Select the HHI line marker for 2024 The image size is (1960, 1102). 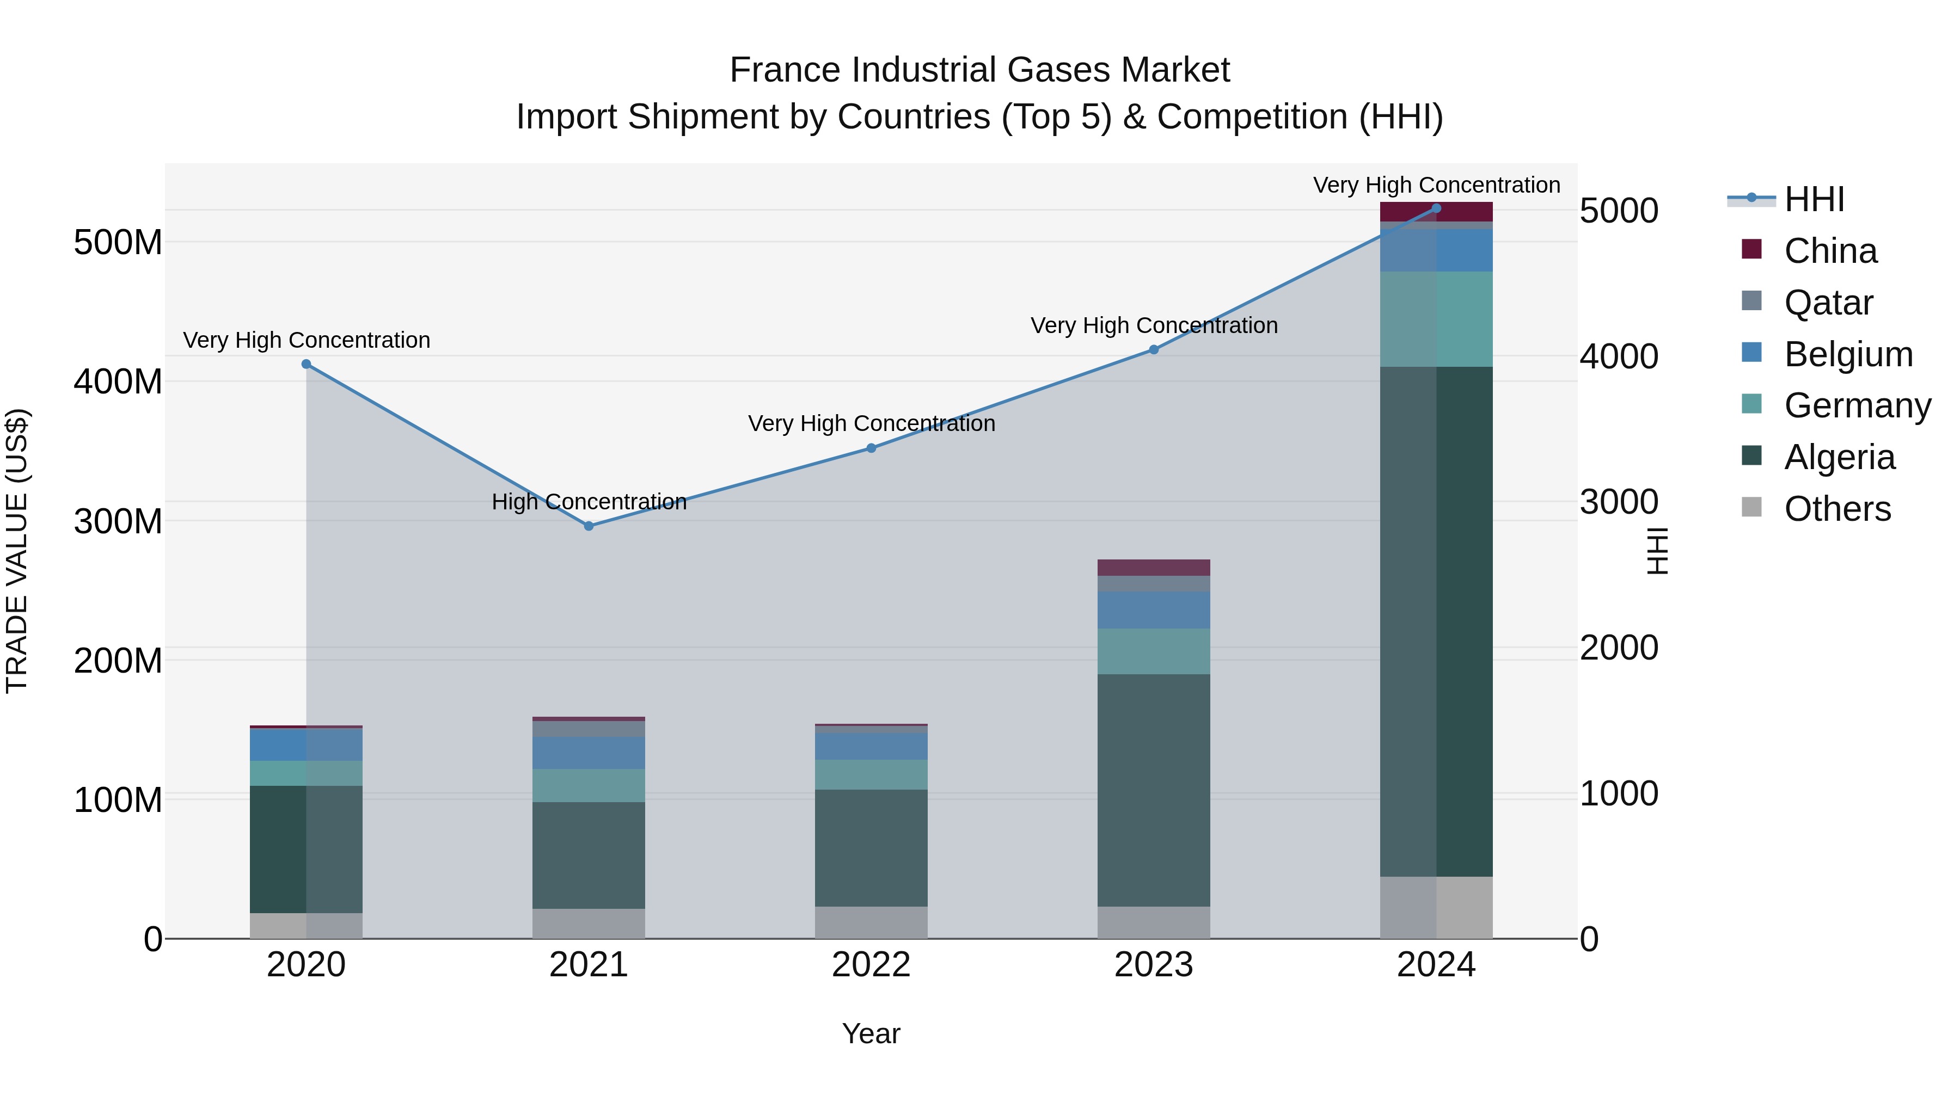click(x=1436, y=208)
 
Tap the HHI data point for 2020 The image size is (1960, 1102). click(x=307, y=364)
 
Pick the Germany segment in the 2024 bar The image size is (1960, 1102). click(x=1436, y=319)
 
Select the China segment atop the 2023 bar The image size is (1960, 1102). click(x=1154, y=568)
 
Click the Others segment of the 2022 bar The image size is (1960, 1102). click(x=871, y=922)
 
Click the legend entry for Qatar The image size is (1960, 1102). click(x=1828, y=303)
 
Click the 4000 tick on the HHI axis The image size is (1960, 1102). click(x=1619, y=356)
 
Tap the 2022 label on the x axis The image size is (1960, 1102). click(x=871, y=965)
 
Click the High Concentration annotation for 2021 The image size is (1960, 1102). click(x=589, y=502)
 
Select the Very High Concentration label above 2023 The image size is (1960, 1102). click(x=1154, y=325)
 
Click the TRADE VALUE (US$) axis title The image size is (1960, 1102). click(x=17, y=551)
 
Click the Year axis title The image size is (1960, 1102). click(x=871, y=1033)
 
